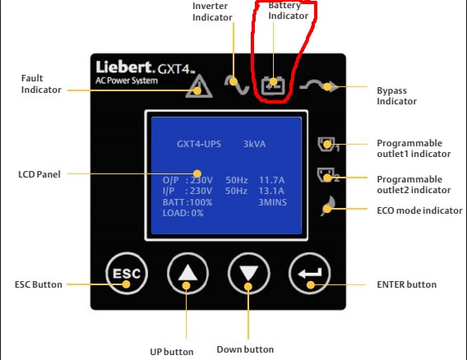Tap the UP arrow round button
187,274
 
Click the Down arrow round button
248,274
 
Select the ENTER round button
310,274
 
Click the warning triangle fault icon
199,86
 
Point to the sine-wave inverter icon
237,85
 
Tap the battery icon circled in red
273,86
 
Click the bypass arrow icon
319,86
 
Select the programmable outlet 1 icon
328,145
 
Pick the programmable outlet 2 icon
328,175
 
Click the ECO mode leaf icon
328,205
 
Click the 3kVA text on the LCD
254,144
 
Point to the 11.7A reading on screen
271,180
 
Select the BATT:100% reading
187,202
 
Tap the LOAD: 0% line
183,213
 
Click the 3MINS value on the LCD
272,202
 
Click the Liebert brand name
125,67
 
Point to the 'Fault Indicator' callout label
41,84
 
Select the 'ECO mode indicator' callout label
419,210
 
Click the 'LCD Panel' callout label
39,174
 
